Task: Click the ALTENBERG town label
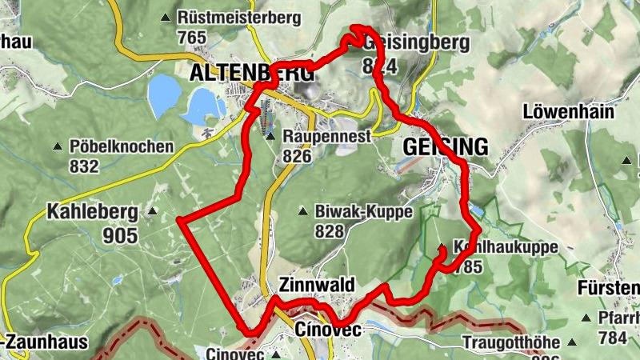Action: [250, 73]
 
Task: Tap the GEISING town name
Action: [445, 147]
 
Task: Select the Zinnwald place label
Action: [317, 286]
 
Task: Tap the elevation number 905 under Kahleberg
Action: [120, 235]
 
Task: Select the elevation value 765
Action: [194, 37]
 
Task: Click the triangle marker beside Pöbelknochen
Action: [57, 147]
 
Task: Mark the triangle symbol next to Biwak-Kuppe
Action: [302, 212]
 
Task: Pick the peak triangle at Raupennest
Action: [270, 137]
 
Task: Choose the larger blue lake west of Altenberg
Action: [165, 94]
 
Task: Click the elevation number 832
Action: [84, 166]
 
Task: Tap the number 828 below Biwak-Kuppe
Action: [329, 232]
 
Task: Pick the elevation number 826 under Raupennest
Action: [296, 157]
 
